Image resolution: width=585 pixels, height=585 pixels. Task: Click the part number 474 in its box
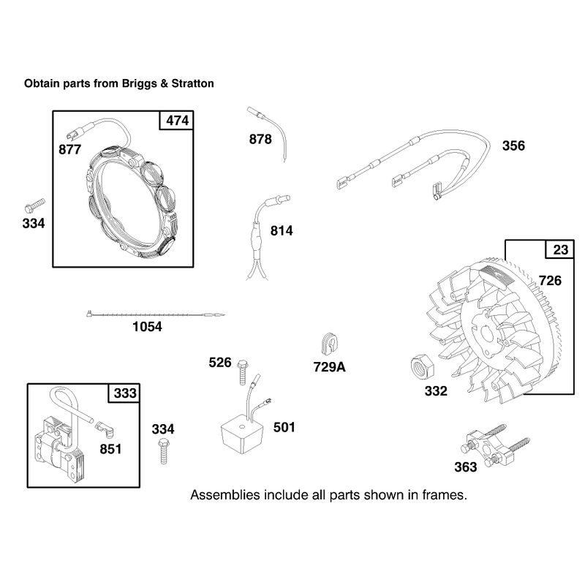(177, 121)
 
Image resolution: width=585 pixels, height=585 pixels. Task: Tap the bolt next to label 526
(243, 372)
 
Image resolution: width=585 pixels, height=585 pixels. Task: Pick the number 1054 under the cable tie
(147, 327)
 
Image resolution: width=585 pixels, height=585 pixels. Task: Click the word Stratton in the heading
(192, 83)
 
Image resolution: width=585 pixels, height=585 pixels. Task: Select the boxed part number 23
(560, 249)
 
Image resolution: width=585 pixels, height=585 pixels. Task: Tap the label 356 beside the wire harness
(513, 146)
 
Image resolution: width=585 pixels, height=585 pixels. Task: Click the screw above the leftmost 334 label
(34, 205)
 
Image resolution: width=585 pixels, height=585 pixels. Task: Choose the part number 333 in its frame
(125, 393)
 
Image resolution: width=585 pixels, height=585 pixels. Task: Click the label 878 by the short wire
(260, 139)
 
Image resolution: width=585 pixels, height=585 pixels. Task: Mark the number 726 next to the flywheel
(550, 281)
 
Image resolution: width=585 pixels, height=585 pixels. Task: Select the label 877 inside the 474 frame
(69, 150)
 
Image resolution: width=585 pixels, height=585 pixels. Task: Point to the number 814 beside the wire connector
(282, 231)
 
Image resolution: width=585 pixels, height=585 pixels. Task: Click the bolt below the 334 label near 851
(163, 451)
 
